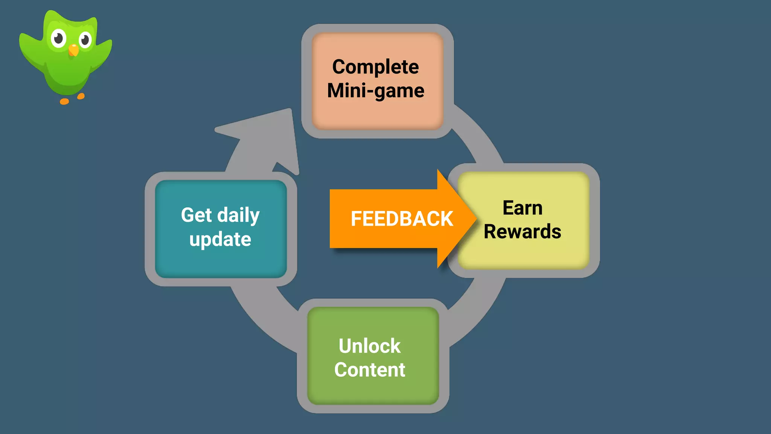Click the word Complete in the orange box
[375, 67]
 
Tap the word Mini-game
[375, 91]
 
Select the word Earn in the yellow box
[523, 208]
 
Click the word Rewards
[523, 231]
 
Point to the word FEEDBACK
[402, 219]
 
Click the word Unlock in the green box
[369, 346]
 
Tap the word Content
[369, 370]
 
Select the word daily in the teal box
[239, 215]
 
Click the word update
[220, 240]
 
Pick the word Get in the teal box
[196, 215]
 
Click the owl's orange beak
[74, 50]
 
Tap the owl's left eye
[58, 38]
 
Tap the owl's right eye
[85, 39]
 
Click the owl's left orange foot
[64, 101]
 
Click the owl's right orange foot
[81, 96]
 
